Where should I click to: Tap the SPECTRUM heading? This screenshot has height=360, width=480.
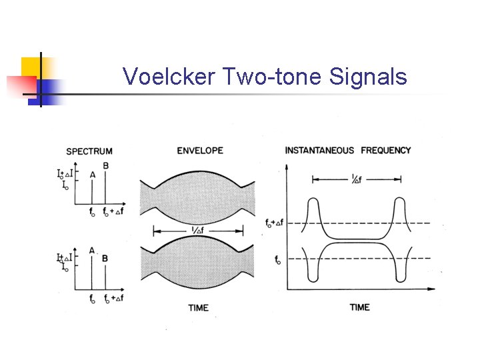[x=89, y=152]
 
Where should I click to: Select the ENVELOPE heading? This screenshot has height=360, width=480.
[x=199, y=151]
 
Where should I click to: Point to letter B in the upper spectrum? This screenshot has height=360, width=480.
[x=105, y=166]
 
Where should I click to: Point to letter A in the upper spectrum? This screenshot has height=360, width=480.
[x=92, y=175]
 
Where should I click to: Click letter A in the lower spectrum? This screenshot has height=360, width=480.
[x=92, y=250]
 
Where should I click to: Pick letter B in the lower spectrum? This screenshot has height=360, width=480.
[x=105, y=258]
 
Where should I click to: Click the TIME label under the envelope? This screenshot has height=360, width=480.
[x=199, y=307]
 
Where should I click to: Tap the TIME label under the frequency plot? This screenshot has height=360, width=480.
[x=360, y=307]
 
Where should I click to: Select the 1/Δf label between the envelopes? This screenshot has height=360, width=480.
[x=198, y=230]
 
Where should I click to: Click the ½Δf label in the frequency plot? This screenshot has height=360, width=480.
[x=357, y=179]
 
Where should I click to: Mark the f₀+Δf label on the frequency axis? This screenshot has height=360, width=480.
[x=273, y=223]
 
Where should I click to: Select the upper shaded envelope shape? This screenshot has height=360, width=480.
[x=197, y=197]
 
